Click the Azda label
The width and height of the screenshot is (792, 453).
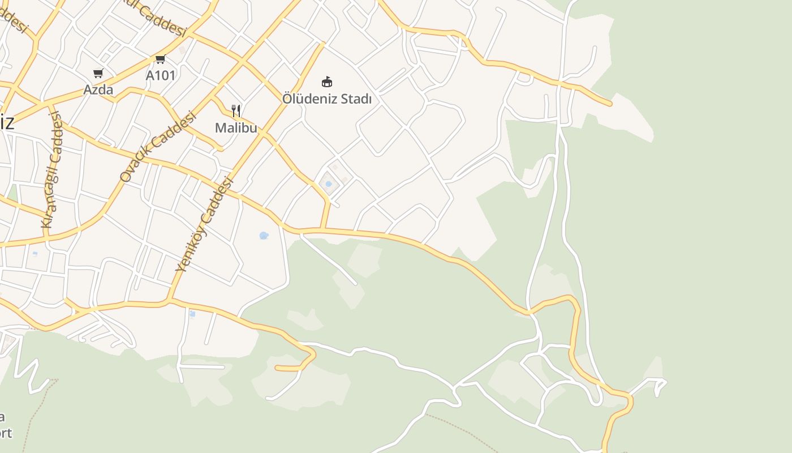[98, 89]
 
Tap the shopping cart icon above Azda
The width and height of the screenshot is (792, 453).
[98, 73]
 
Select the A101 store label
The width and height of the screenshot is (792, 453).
[161, 75]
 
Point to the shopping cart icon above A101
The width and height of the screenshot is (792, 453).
[160, 59]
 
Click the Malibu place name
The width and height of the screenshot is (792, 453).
[236, 128]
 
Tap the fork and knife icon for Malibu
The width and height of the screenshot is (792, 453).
[236, 111]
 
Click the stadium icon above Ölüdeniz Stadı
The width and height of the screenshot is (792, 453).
[326, 82]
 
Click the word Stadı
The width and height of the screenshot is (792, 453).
[357, 99]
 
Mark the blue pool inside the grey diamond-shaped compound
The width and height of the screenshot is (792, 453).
[328, 183]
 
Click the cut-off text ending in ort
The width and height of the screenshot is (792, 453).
[5, 433]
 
